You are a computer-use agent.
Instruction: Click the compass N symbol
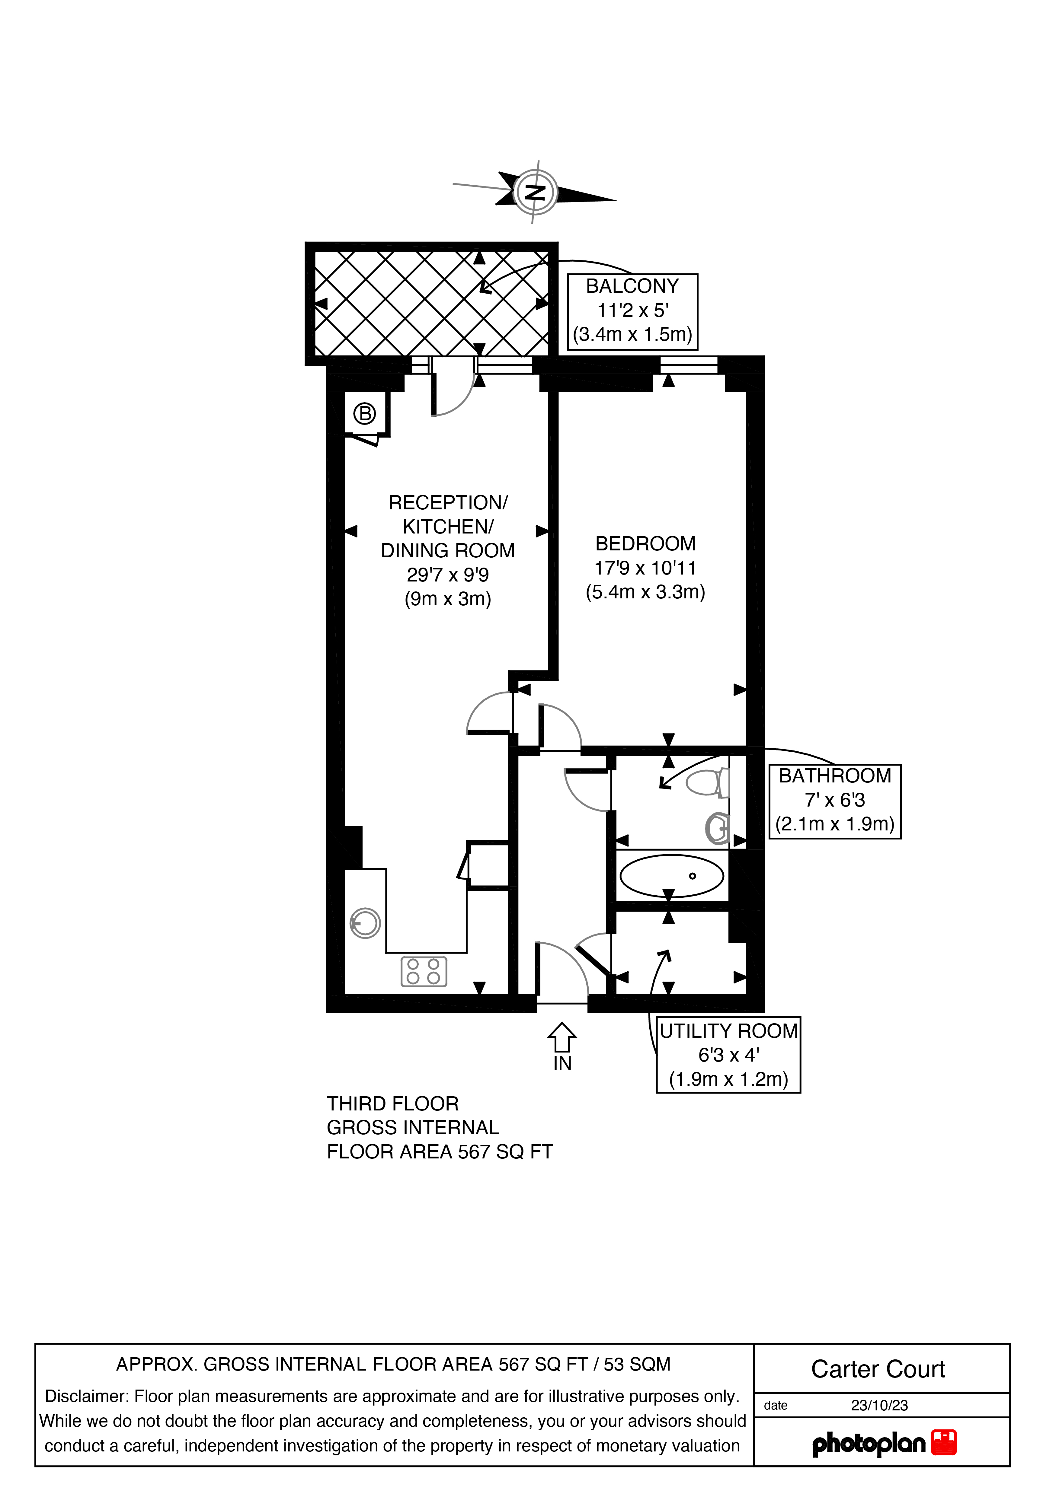(535, 192)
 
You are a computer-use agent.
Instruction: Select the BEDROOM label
(645, 544)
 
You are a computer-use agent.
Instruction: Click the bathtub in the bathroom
(672, 876)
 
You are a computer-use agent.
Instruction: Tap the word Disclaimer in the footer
(84, 1397)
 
